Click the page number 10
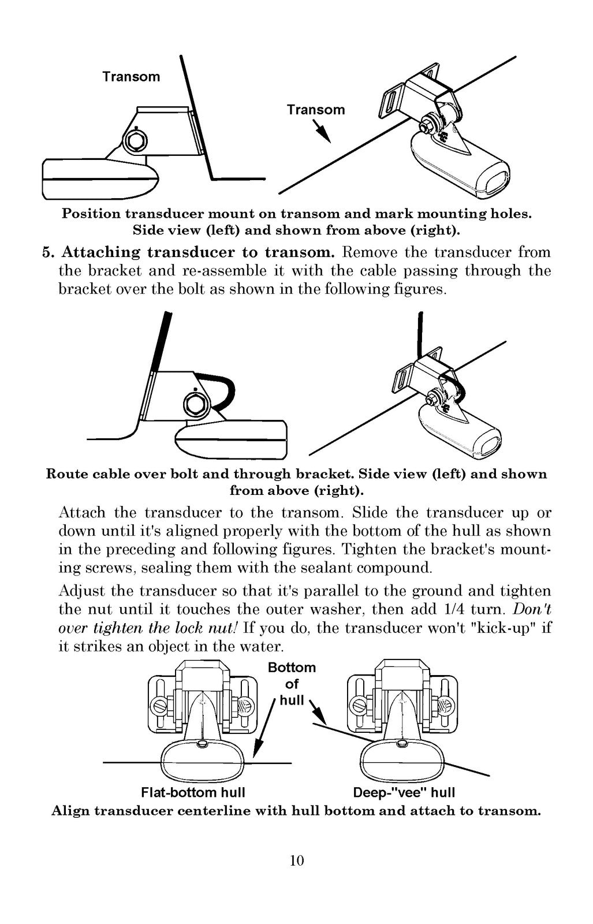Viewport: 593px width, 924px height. coord(297,860)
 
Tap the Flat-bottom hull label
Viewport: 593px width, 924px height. coord(193,792)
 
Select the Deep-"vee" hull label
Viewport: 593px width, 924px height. coord(404,792)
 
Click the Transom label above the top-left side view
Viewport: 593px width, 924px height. coord(131,77)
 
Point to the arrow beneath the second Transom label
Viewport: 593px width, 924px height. coord(321,131)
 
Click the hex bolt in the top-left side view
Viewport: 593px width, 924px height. coord(135,141)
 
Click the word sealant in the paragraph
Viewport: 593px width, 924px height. coord(325,568)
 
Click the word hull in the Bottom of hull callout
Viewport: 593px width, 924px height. coord(292,700)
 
